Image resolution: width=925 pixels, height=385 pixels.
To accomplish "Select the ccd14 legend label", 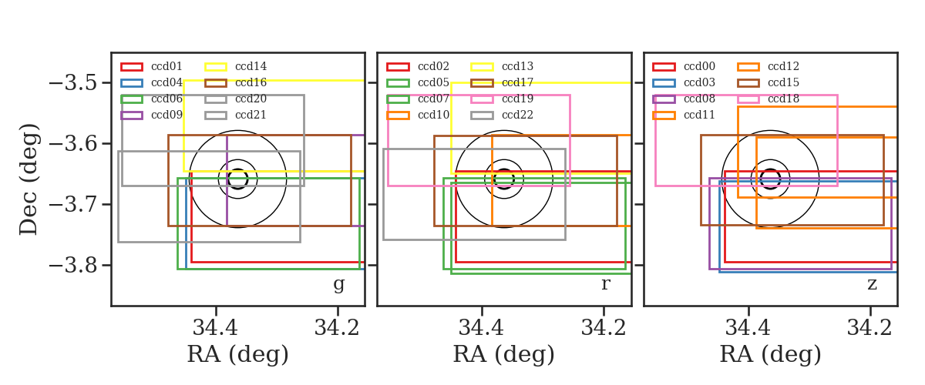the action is [x=251, y=66].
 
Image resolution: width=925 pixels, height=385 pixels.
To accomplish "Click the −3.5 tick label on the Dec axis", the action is [x=73, y=83].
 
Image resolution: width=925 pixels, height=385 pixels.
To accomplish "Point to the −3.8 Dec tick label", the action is [x=73, y=265].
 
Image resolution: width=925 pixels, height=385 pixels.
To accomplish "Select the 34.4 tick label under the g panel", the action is [x=215, y=328].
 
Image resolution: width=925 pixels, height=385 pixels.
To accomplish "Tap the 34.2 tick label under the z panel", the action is [x=869, y=328].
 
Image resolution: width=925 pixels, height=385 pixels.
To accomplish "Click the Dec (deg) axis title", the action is [x=29, y=179].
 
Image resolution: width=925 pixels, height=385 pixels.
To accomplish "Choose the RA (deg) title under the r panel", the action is [x=504, y=354].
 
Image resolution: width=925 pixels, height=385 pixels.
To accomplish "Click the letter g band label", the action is [x=338, y=285].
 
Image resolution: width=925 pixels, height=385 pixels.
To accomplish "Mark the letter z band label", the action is [x=872, y=284].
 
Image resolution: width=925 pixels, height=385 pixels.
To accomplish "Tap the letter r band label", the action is [x=605, y=284].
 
